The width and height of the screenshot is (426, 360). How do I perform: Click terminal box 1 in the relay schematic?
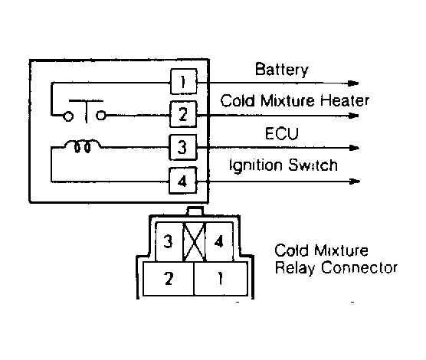[x=184, y=81]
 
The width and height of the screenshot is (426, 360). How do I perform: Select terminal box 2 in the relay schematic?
[x=183, y=114]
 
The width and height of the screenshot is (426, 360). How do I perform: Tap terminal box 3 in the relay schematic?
[x=183, y=147]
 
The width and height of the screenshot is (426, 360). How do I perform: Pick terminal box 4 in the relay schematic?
[x=183, y=181]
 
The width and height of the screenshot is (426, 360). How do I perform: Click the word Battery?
[x=282, y=70]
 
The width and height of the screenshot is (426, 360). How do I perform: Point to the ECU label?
[x=282, y=133]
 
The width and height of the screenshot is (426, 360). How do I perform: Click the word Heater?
[x=345, y=100]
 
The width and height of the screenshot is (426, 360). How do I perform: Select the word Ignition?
[x=256, y=165]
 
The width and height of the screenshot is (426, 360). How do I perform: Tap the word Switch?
[x=313, y=165]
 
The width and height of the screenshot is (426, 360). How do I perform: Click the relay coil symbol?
[x=82, y=146]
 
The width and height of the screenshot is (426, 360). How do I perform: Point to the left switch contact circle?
[x=68, y=116]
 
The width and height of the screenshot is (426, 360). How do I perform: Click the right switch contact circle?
[x=101, y=116]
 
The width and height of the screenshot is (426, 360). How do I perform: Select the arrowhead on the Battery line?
[x=353, y=83]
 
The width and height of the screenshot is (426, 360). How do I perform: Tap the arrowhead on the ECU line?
[x=354, y=148]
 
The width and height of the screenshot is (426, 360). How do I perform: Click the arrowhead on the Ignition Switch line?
[x=355, y=182]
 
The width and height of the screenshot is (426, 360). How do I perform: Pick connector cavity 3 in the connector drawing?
[x=169, y=241]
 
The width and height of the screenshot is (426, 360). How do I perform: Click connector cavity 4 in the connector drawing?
[x=219, y=241]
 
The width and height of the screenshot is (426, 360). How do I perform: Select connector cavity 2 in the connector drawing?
[x=169, y=279]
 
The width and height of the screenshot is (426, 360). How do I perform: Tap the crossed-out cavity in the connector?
[x=194, y=241]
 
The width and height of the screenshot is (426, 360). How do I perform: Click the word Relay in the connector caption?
[x=296, y=268]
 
